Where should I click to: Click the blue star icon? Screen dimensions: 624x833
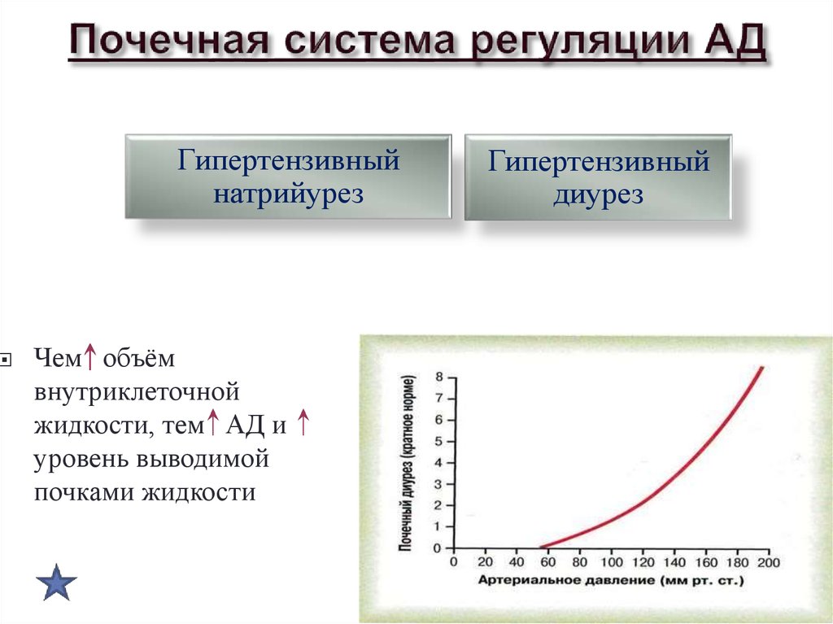57,582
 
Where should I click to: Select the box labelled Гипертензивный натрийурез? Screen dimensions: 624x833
288,177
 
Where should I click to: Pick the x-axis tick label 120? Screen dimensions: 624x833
643,562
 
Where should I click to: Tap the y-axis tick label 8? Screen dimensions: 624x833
438,377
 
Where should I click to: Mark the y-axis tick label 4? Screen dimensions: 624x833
438,463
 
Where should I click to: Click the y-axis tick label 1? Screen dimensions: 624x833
438,527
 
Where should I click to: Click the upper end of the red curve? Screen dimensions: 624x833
761,368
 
